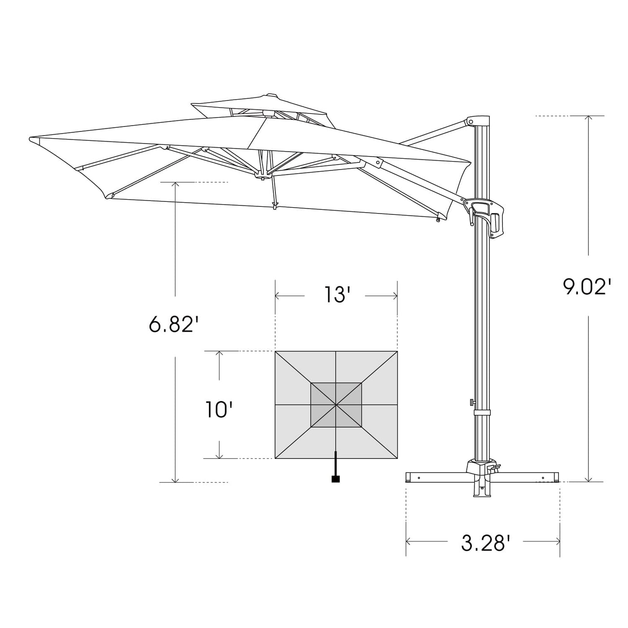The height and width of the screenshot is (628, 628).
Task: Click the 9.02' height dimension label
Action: tap(587, 287)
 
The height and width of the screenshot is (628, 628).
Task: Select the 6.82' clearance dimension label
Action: tap(174, 324)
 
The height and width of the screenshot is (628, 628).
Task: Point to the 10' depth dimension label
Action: tap(219, 409)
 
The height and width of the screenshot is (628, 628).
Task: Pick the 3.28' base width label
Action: tap(485, 543)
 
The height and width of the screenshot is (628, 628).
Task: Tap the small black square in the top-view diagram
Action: tap(335, 479)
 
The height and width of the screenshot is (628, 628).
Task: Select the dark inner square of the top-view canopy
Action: tap(336, 405)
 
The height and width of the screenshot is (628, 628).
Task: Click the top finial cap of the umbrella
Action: tap(271, 95)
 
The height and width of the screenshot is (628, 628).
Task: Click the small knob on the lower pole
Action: tap(471, 401)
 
